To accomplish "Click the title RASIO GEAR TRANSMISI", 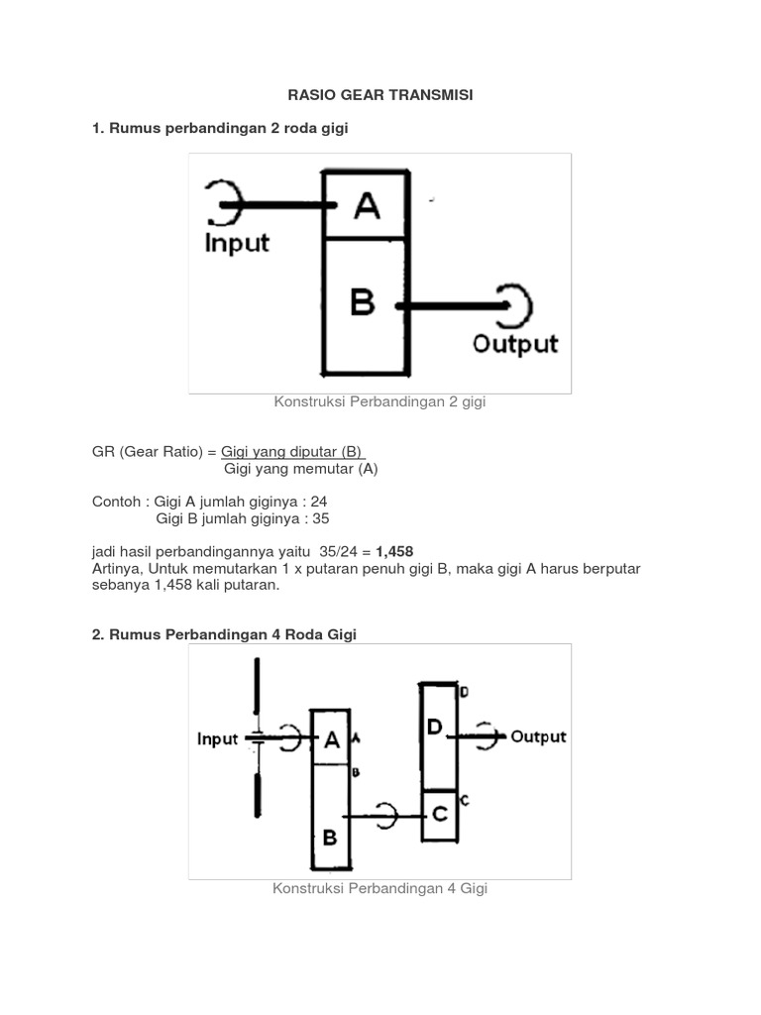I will (x=380, y=95).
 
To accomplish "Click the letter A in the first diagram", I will (x=366, y=206).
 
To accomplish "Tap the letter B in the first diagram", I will (x=363, y=300).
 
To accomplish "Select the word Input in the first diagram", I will (x=237, y=243).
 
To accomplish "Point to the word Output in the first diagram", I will (x=514, y=344).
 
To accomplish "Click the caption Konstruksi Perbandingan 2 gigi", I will (x=380, y=401).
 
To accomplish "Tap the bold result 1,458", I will (x=394, y=551).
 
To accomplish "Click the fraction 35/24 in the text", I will (x=339, y=551).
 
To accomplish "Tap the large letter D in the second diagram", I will (x=434, y=728).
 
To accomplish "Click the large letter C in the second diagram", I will (x=439, y=814).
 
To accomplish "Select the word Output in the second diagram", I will (x=538, y=736).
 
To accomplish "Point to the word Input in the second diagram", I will (x=217, y=739).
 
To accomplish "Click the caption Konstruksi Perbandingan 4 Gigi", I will (x=380, y=888).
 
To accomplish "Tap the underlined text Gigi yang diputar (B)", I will (x=293, y=451).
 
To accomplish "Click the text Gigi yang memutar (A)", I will (x=301, y=469).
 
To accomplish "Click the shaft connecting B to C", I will (x=386, y=816).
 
